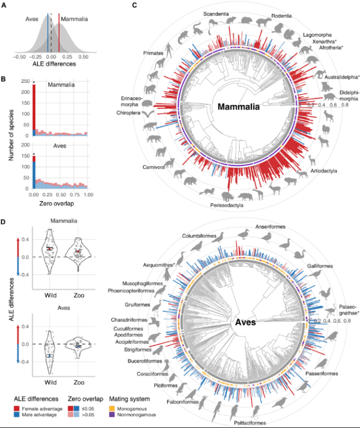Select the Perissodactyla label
[x=224, y=206]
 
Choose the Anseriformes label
[x=271, y=226]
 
